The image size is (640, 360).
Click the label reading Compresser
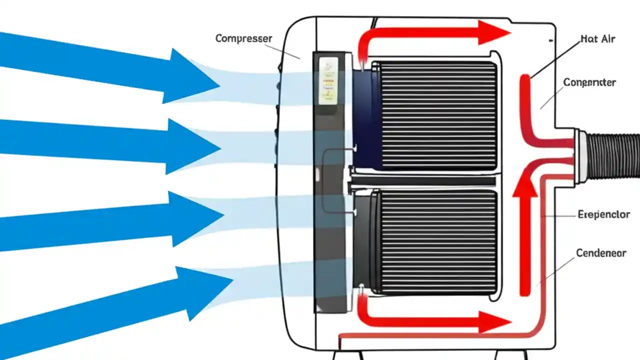tap(243, 38)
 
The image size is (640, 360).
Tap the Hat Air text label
tap(598, 38)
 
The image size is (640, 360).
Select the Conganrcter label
tap(589, 82)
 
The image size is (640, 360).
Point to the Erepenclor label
tap(603, 214)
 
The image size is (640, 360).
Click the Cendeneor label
tap(601, 253)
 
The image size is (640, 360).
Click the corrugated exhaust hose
tap(612, 155)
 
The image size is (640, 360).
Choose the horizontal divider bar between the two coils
tap(425, 180)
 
